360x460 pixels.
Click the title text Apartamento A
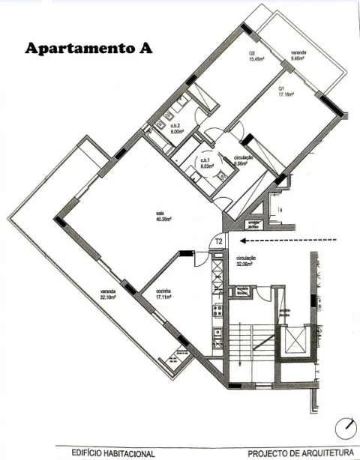(88, 48)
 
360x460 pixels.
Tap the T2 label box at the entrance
(218, 242)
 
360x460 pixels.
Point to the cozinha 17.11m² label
(164, 294)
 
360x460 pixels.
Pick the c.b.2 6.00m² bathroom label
(177, 128)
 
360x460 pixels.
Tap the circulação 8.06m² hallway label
(242, 160)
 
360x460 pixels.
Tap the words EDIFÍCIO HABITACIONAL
(113, 453)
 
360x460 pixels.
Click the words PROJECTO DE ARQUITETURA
(300, 453)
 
